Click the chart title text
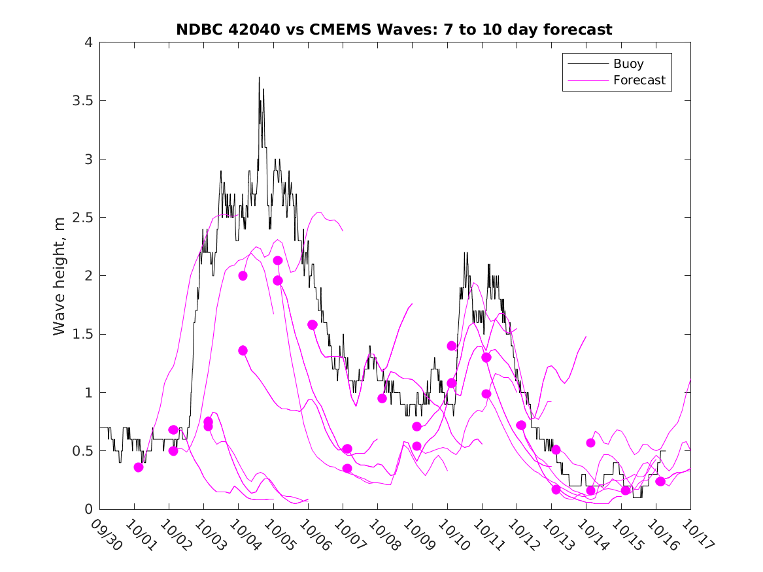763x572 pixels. [394, 29]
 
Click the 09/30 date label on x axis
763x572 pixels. [106, 535]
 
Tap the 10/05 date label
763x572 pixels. [280, 535]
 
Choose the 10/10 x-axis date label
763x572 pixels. [454, 535]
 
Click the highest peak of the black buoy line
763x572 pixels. [259, 78]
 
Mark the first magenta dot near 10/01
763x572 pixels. [139, 467]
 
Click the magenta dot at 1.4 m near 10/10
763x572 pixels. [452, 346]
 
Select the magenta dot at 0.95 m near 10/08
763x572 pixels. [382, 398]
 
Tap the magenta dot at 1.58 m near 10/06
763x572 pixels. [313, 325]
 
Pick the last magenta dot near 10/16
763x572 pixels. [660, 481]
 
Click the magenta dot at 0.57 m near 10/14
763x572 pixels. [590, 443]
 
